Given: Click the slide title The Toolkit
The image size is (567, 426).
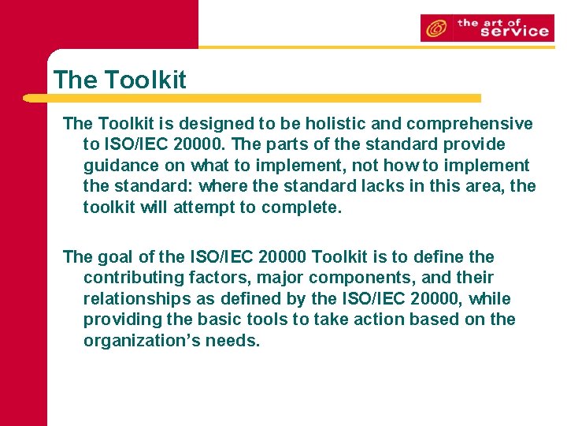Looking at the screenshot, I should (120, 80).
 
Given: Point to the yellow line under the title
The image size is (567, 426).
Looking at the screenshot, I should (252, 99).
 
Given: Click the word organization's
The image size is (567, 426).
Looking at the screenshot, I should (139, 341).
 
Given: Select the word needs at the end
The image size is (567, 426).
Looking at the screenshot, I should (231, 341).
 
